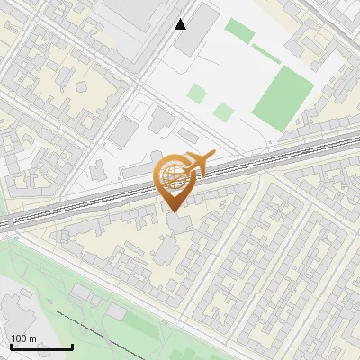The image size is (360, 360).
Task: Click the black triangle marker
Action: click(181, 24)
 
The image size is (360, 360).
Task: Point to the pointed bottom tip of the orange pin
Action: click(173, 212)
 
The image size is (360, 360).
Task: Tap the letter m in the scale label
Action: click(33, 338)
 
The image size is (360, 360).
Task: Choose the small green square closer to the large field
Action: click(224, 112)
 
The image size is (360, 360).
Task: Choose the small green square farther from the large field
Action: click(196, 93)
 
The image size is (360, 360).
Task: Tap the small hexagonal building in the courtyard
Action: click(81, 87)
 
